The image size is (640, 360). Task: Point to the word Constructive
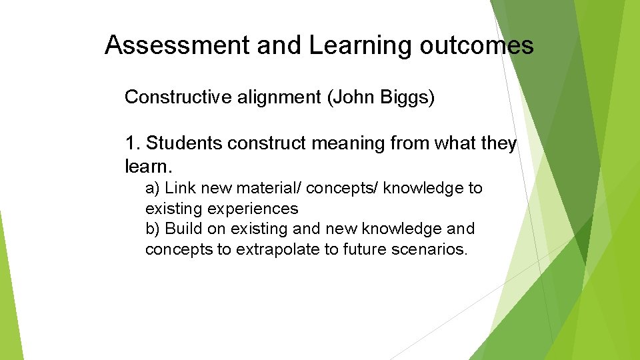pyautogui.click(x=178, y=97)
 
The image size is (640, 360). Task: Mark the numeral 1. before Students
pyautogui.click(x=132, y=143)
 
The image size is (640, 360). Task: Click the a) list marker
pyautogui.click(x=153, y=189)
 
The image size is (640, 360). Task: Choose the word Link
pyautogui.click(x=179, y=189)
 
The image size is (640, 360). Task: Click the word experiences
pyautogui.click(x=253, y=209)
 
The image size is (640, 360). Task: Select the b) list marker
pyautogui.click(x=153, y=229)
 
